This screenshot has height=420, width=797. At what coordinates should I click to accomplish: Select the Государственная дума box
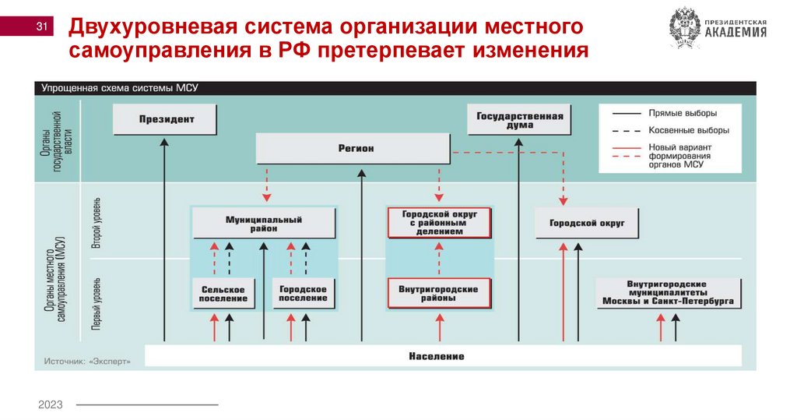pos(520,120)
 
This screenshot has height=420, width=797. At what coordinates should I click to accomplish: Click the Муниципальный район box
pos(264,224)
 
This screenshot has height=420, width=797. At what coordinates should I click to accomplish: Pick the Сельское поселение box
pos(223,294)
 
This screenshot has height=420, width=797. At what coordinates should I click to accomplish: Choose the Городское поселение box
pos(304,294)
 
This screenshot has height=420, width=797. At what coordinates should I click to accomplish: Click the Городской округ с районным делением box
pos(439,223)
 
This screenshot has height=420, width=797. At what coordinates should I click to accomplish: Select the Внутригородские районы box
pos(439,294)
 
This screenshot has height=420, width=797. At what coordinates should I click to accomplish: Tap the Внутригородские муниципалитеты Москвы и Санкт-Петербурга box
pos(665,293)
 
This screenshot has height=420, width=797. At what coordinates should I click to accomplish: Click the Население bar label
pos(436,356)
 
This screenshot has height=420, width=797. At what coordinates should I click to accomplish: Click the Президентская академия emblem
pos(684,29)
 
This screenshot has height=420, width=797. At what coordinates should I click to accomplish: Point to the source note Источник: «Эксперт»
pos(87,362)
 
